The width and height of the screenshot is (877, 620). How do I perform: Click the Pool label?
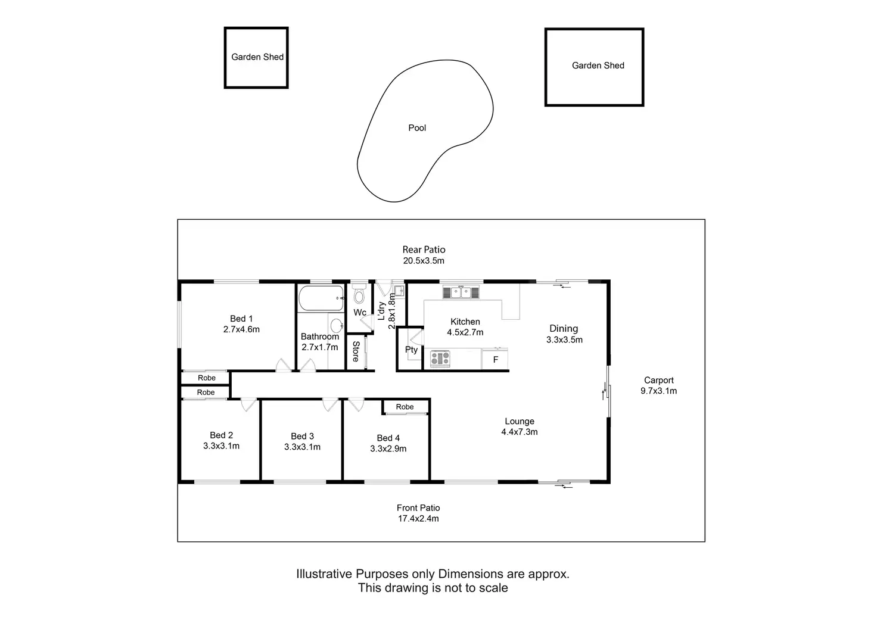pyautogui.click(x=417, y=128)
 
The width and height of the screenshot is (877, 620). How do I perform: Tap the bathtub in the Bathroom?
pyautogui.click(x=321, y=298)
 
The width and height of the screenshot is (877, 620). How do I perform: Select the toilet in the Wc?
pyautogui.click(x=359, y=295)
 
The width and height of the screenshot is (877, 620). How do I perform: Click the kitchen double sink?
pyautogui.click(x=460, y=292)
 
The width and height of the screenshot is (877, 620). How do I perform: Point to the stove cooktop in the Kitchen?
pyautogui.click(x=440, y=359)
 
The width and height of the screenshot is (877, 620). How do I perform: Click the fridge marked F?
pyautogui.click(x=495, y=360)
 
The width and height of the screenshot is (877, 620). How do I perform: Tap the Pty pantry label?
pyautogui.click(x=411, y=350)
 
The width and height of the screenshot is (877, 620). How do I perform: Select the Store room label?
pyautogui.click(x=356, y=351)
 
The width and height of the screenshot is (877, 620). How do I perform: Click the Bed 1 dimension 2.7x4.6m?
pyautogui.click(x=241, y=329)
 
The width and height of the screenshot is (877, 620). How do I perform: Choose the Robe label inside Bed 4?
pyautogui.click(x=405, y=407)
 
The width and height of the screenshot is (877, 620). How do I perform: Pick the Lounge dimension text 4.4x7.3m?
pyautogui.click(x=520, y=432)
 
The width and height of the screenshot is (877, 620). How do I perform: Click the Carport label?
pyautogui.click(x=659, y=380)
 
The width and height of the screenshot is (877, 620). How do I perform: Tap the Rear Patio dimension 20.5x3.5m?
pyautogui.click(x=424, y=261)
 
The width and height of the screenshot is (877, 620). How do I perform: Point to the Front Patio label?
pyautogui.click(x=418, y=508)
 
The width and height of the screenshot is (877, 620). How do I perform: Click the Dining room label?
pyautogui.click(x=564, y=328)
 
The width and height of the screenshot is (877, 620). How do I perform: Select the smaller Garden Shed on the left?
pyautogui.click(x=256, y=58)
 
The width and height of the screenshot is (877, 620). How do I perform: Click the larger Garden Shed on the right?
pyautogui.click(x=595, y=67)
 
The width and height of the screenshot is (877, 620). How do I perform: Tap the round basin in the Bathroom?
pyautogui.click(x=337, y=325)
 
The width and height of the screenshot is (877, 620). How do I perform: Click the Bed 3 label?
pyautogui.click(x=302, y=437)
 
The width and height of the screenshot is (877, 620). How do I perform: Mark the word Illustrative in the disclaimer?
pyautogui.click(x=324, y=574)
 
